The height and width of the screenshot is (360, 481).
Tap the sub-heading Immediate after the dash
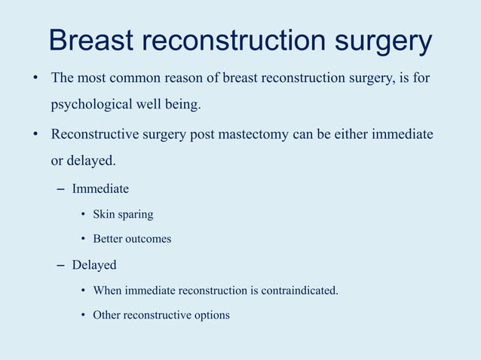pos(100,189)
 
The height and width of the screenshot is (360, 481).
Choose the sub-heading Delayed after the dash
pos(94,265)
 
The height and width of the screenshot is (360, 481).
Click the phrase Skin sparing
pos(123,215)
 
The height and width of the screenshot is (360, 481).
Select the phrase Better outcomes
pos(132,239)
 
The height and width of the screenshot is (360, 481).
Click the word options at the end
pos(211,315)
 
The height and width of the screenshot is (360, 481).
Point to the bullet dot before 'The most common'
pos(35,78)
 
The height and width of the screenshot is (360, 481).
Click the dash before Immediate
pos(60,189)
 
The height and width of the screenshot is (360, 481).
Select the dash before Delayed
pos(60,265)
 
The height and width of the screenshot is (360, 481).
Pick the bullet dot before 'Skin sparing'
pos(84,215)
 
